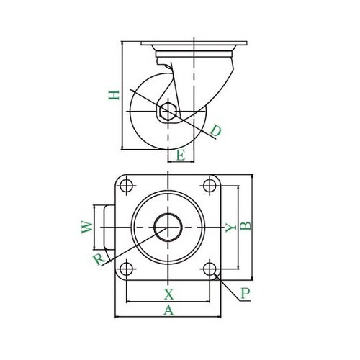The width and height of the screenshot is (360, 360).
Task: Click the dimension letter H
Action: [x=114, y=95]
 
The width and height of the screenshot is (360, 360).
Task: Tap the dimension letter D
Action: [x=215, y=131]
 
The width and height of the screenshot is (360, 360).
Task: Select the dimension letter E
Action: [x=181, y=155]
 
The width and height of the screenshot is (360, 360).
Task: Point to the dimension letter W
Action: [x=87, y=227]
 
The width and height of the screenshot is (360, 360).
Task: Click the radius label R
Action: [x=99, y=259]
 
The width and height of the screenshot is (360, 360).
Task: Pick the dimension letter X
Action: [x=169, y=294]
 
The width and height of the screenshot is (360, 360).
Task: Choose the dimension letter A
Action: [x=168, y=310]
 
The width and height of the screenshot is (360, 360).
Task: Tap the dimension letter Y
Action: [x=231, y=228]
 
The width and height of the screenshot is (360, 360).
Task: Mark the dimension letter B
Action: [x=246, y=226]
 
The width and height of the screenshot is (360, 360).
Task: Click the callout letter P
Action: [x=246, y=293]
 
